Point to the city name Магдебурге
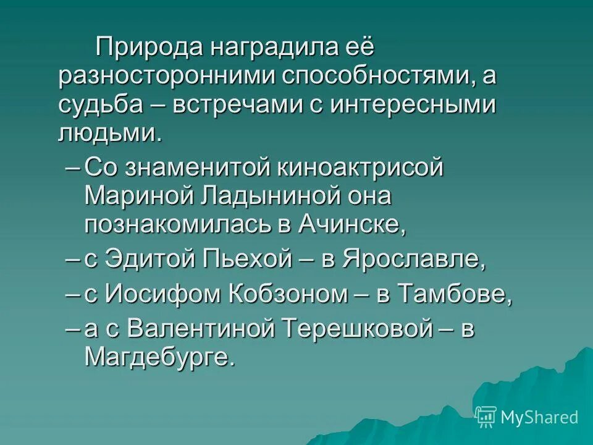click(160, 357)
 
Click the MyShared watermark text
click(539, 417)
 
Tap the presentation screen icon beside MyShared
click(486, 417)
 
